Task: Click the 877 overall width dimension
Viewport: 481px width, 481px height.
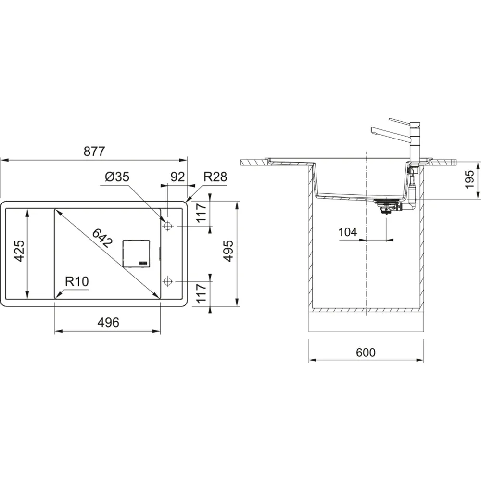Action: point(94,151)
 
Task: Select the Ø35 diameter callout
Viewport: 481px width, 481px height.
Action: point(117,177)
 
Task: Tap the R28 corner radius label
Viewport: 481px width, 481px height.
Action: point(215,177)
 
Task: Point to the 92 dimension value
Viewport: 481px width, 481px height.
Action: point(177,177)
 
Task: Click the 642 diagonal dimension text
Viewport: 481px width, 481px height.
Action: point(102,238)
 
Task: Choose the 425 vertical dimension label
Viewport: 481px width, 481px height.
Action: point(19,251)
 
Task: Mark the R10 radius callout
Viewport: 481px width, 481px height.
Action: point(76,281)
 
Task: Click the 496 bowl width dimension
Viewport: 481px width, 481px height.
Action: point(108,322)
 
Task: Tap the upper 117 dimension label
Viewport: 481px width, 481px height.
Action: point(201,213)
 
